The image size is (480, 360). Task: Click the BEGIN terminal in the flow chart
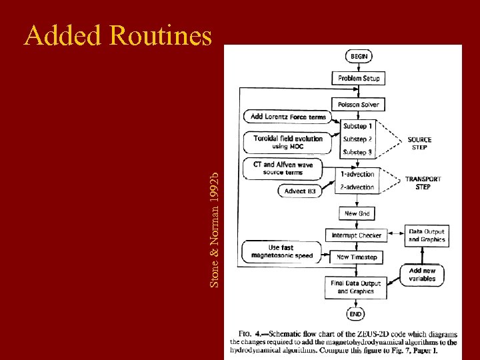click(x=357, y=57)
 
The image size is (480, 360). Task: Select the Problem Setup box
click(x=358, y=78)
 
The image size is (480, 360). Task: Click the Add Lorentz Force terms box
click(x=288, y=117)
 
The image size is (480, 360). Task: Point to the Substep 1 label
click(x=357, y=126)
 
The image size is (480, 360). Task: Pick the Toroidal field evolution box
click(x=288, y=142)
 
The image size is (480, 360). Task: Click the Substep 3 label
click(x=357, y=153)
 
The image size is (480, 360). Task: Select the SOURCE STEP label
click(x=419, y=143)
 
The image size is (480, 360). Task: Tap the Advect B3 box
click(x=300, y=191)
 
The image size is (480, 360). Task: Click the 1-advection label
click(x=357, y=175)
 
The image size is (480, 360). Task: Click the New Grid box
click(x=357, y=214)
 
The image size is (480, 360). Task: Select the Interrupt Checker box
click(x=357, y=235)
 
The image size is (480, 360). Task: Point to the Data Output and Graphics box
click(x=427, y=235)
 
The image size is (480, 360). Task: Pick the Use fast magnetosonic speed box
click(x=282, y=251)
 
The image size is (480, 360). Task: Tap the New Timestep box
click(x=357, y=257)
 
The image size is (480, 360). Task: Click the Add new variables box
click(x=422, y=275)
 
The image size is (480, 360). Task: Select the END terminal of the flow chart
click(x=356, y=313)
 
